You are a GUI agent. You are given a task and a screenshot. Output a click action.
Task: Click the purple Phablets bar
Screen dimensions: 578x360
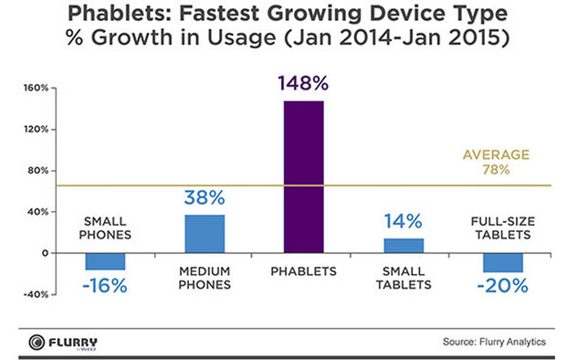[304, 176]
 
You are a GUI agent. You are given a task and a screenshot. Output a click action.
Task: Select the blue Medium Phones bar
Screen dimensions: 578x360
[205, 234]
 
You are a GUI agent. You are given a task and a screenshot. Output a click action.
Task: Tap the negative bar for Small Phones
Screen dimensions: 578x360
[105, 261]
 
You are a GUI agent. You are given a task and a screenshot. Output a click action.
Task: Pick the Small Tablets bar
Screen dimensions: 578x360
[404, 246]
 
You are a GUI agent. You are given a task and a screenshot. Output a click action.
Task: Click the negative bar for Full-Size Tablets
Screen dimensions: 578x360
[503, 262]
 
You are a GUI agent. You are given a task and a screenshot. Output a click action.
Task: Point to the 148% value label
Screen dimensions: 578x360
[303, 83]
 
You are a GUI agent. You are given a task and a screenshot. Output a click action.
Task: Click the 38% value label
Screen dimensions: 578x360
[205, 197]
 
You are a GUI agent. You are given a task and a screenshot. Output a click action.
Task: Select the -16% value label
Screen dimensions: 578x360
[105, 286]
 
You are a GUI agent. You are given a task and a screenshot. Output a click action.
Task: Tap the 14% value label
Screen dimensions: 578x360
[403, 221]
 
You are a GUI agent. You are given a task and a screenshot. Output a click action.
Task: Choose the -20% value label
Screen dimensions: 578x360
[503, 286]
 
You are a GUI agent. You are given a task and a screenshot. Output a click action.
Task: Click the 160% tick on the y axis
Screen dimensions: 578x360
[37, 88]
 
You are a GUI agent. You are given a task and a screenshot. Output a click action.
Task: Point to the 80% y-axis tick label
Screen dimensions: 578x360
[38, 171]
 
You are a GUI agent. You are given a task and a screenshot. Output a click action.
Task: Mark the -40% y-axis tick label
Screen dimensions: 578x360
[36, 295]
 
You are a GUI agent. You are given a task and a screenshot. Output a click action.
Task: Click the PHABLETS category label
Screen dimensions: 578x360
[304, 271]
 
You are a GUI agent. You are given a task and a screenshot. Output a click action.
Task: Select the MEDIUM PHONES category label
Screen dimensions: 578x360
[205, 278]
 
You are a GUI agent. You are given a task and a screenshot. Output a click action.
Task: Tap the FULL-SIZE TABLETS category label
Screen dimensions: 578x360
[503, 228]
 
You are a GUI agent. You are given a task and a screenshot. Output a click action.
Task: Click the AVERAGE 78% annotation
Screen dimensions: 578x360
[496, 162]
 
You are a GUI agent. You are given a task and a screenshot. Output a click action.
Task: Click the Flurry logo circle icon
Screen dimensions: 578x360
[37, 343]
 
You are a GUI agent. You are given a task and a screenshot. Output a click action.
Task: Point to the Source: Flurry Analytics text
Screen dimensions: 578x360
[494, 342]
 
